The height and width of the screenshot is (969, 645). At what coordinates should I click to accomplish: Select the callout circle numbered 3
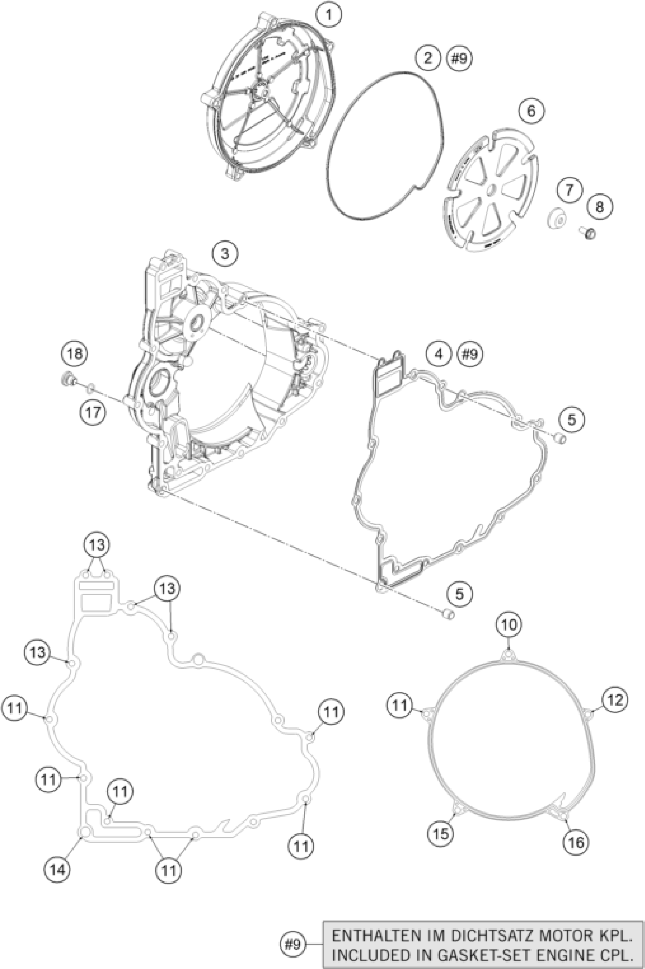click(x=225, y=254)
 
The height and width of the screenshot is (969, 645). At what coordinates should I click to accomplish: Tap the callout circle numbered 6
click(x=531, y=111)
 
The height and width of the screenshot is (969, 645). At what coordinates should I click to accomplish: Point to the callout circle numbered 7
click(x=570, y=190)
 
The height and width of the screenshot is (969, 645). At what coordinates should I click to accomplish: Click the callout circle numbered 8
click(x=599, y=207)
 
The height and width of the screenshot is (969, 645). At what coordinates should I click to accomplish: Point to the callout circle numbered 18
click(x=75, y=353)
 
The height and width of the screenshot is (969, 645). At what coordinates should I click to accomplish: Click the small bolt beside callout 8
click(x=588, y=234)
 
